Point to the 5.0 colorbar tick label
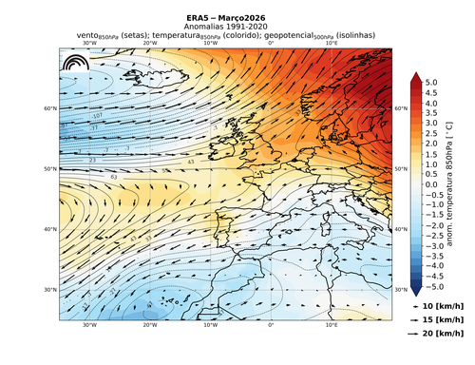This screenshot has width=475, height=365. pyautogui.click(x=430, y=83)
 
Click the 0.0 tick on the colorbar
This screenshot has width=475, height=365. pyautogui.click(x=430, y=184)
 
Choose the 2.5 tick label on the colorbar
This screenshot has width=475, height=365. pyautogui.click(x=430, y=134)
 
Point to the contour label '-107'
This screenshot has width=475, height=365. pyautogui.click(x=96, y=115)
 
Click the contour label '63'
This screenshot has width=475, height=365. pyautogui.click(x=113, y=177)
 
